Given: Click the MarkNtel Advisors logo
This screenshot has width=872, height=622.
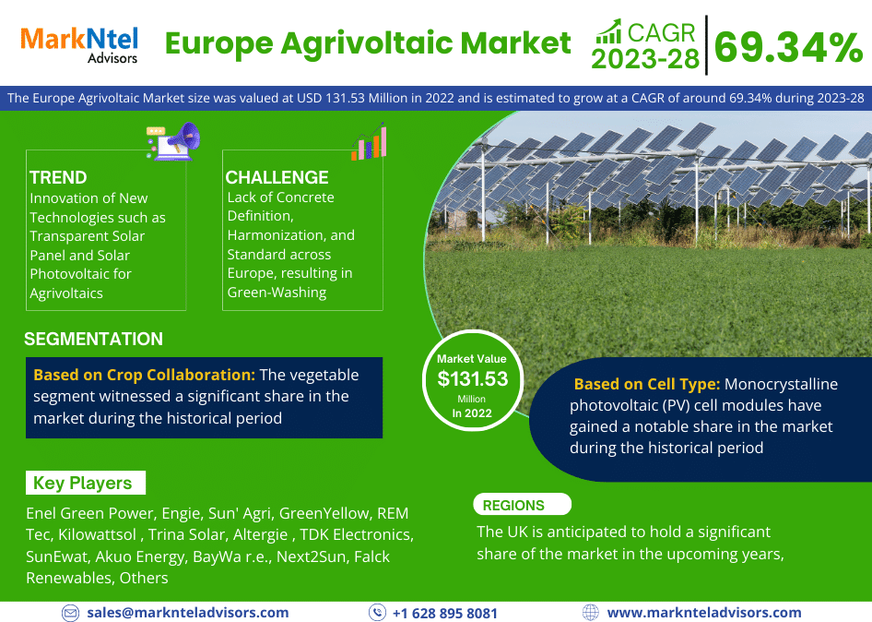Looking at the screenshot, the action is click(x=79, y=44).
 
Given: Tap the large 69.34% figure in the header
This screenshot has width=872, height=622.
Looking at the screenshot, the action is click(x=788, y=47).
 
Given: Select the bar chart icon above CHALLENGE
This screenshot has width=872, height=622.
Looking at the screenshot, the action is click(x=369, y=141).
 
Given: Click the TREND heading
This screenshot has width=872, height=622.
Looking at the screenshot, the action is click(x=58, y=177).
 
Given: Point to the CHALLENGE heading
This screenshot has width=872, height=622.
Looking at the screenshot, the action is click(x=277, y=177).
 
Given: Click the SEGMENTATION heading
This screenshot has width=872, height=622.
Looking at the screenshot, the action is click(x=93, y=339).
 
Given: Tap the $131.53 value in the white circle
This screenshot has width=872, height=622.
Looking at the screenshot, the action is click(x=473, y=379).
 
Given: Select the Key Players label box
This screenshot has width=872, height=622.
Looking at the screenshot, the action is click(x=86, y=483).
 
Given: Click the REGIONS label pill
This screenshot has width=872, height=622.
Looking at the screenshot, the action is click(x=523, y=505).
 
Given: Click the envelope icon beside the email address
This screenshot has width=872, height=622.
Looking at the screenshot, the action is click(x=70, y=613).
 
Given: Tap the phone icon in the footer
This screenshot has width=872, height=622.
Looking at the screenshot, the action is click(x=377, y=613).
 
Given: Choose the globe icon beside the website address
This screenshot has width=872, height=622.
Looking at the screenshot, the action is click(x=591, y=613).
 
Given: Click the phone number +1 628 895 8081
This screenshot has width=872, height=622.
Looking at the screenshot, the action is click(x=445, y=613).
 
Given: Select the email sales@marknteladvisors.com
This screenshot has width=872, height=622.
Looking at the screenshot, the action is click(x=188, y=613).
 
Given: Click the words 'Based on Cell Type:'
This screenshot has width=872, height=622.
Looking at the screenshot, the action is click(x=647, y=384).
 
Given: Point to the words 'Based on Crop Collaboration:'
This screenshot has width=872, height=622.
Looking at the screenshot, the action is click(x=145, y=376).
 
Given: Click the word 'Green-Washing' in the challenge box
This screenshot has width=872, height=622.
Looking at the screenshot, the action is click(x=277, y=293).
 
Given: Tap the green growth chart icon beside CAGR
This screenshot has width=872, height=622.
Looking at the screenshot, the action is click(x=608, y=31).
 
